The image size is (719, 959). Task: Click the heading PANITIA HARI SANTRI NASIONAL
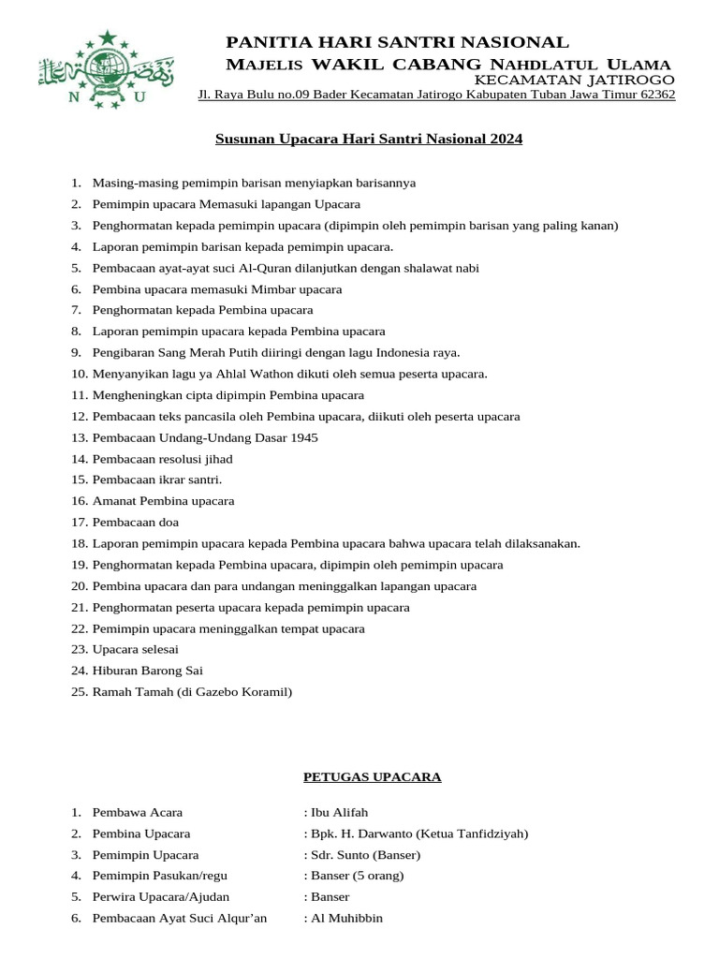coord(397,42)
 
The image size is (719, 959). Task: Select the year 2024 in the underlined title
coord(505,140)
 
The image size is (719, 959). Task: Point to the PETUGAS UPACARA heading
coord(373,777)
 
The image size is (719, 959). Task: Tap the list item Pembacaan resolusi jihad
coord(162,459)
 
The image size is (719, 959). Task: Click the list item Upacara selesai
coord(135,649)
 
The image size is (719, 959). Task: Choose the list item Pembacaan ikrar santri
coord(156,479)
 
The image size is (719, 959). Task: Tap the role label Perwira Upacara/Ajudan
coord(160,897)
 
